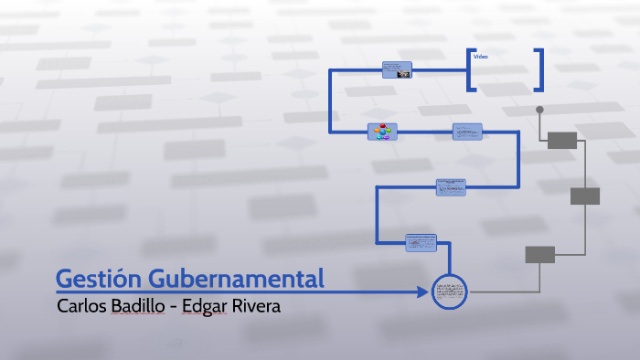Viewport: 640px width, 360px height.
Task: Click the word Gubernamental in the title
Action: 237,278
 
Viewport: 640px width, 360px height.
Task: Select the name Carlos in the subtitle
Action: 82,306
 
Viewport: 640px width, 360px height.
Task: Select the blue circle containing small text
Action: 449,292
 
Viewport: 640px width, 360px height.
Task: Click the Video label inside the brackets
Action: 480,58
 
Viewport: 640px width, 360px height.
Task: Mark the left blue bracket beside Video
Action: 470,69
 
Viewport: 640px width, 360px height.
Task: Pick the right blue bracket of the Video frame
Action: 540,69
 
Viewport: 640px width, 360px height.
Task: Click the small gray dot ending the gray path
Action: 539,110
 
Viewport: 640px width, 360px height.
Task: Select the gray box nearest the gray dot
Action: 562,140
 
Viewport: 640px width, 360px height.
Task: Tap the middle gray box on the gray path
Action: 584,196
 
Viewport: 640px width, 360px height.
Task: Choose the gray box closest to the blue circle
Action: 539,255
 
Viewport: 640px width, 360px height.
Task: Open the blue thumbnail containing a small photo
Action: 397,70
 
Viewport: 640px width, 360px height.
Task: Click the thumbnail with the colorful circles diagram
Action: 381,132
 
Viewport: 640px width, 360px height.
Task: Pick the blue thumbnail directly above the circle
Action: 421,242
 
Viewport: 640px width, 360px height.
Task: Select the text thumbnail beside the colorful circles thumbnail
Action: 467,132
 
